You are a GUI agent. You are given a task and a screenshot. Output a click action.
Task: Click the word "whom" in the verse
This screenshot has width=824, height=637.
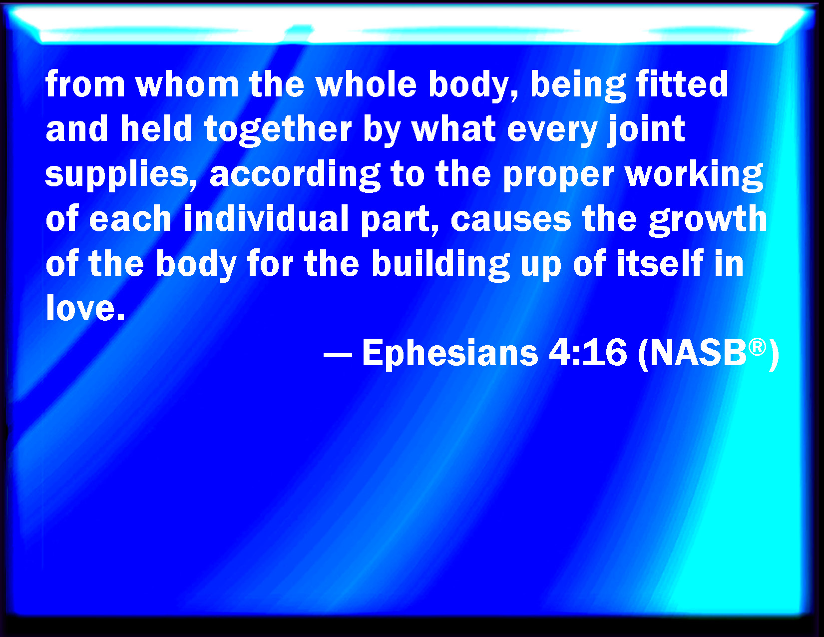coord(187,84)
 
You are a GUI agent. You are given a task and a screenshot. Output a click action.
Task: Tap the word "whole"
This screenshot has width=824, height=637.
coord(367,84)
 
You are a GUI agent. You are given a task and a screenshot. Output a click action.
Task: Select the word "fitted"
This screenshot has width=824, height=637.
coord(682,84)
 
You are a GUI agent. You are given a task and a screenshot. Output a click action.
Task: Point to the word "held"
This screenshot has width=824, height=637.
coord(156,128)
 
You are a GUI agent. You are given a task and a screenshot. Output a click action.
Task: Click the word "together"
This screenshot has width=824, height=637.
coord(278,131)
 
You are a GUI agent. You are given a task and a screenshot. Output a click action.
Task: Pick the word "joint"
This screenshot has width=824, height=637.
coord(646,131)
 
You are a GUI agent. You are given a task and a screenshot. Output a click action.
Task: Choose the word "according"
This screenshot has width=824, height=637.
coord(295,176)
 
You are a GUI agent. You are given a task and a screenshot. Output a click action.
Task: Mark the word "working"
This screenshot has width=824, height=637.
coord(694,176)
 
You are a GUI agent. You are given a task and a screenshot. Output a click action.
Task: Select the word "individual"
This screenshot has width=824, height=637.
coord(266,218)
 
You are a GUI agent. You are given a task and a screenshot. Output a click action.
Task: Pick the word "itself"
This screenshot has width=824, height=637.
coord(660,263)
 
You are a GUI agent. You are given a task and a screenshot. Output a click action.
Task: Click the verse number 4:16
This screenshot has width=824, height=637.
coord(587,353)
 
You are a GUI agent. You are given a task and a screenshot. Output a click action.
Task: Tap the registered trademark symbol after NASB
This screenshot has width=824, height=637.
coord(758,348)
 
